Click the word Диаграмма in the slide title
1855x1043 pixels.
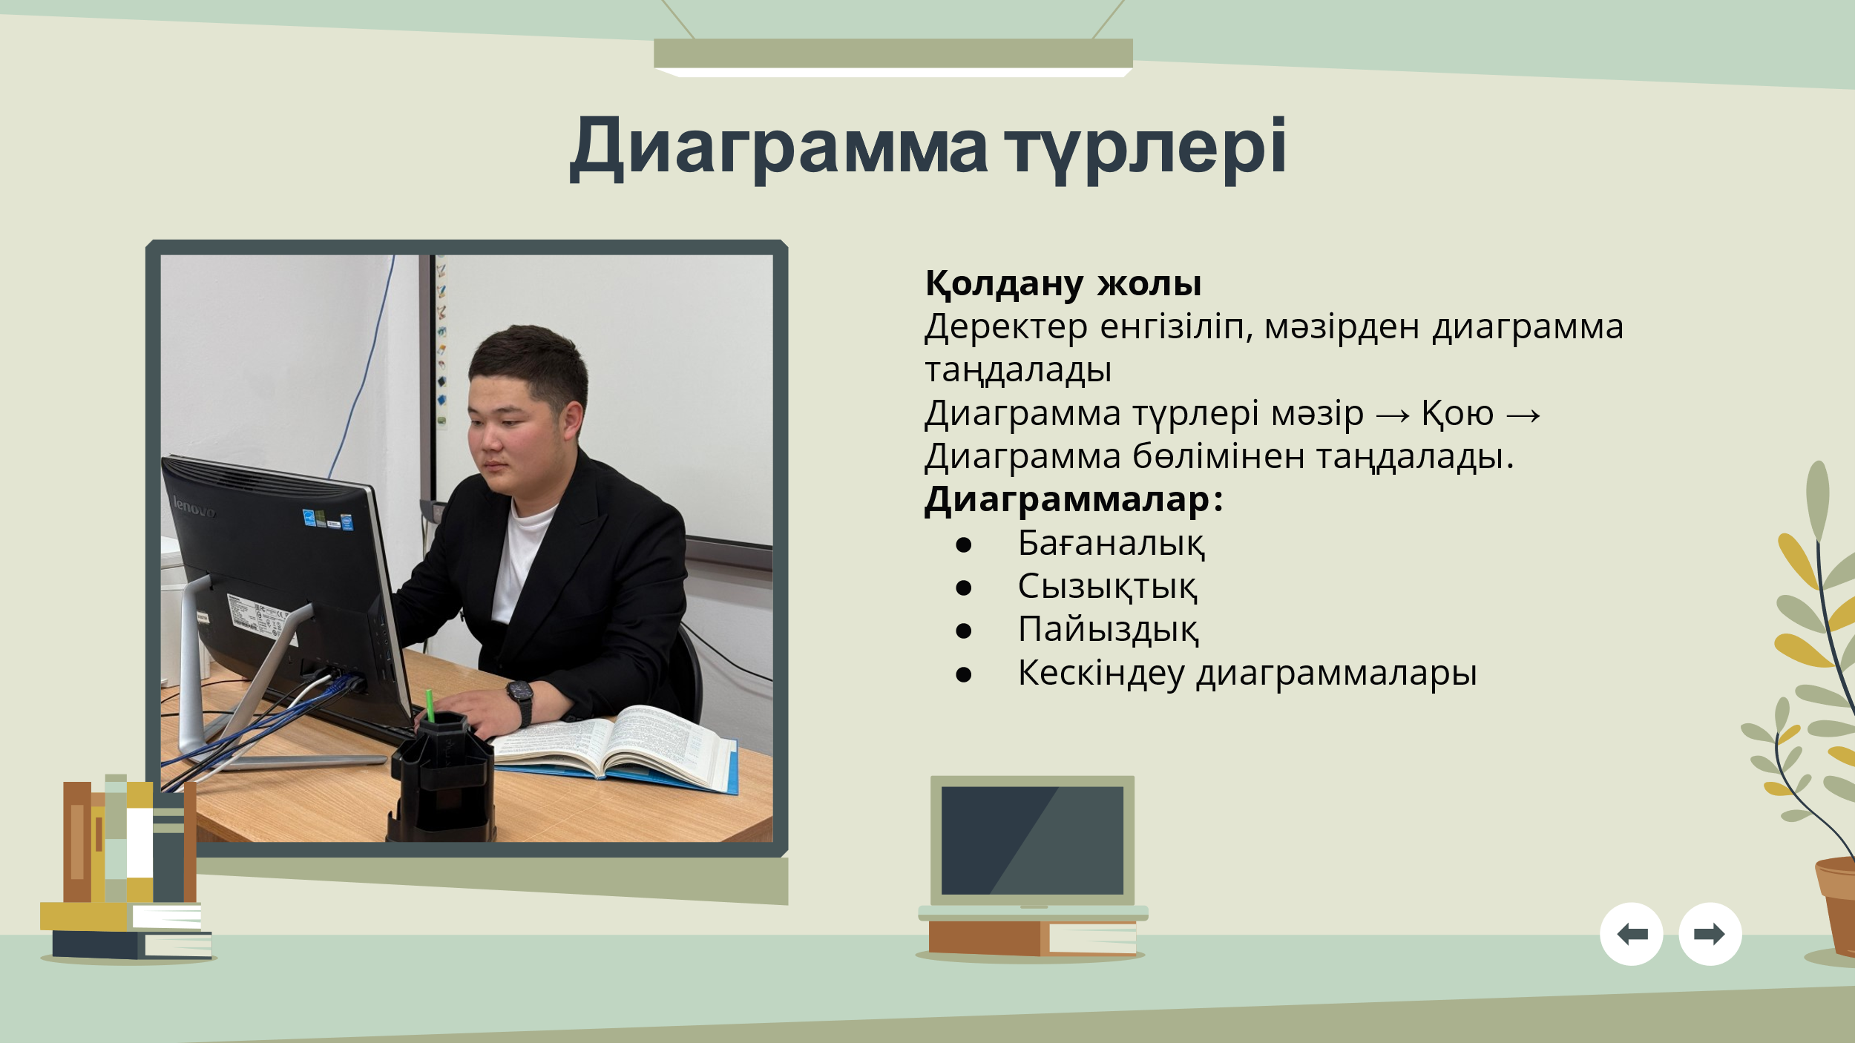tap(778, 148)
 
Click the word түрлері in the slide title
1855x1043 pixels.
tap(1146, 149)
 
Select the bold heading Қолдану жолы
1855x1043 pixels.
tap(1063, 284)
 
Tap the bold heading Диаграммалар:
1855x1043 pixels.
tap(1073, 501)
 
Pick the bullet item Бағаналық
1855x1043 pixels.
tap(1111, 544)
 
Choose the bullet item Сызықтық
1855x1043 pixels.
tap(1107, 587)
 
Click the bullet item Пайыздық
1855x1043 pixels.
tap(1108, 630)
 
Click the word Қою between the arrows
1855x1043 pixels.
tap(1457, 414)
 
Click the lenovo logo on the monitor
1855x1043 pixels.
tap(194, 507)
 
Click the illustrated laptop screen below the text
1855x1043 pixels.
tap(1032, 840)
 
